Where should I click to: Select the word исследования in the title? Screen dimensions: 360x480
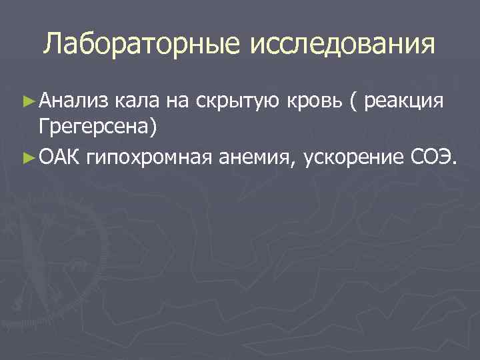[342, 45]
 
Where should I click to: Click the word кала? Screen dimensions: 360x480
[134, 101]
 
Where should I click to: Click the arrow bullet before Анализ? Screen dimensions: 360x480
[27, 101]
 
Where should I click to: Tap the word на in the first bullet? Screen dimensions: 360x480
[176, 102]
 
